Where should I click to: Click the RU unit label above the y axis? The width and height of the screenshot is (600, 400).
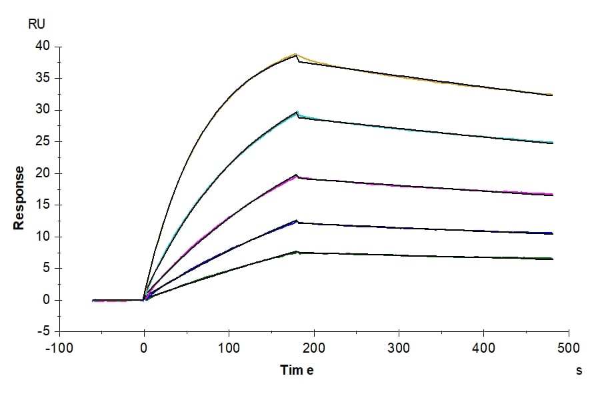37,25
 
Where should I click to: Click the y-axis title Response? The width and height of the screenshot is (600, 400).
19,198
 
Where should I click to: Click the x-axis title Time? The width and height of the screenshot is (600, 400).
296,371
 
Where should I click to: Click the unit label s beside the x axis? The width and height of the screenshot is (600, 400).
579,371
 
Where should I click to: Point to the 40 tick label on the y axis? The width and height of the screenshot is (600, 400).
43,47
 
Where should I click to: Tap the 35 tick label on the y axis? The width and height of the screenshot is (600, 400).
43,79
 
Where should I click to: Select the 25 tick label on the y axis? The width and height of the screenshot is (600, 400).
43,142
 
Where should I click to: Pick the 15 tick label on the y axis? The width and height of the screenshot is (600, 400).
43,205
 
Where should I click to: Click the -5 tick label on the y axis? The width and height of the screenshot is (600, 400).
43,332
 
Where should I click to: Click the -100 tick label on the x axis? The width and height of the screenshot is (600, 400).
59,347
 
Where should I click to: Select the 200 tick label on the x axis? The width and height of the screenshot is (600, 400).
314,347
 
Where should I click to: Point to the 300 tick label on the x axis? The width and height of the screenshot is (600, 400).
399,347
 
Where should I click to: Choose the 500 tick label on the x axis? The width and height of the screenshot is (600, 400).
569,347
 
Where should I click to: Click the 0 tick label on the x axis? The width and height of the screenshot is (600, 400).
144,347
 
